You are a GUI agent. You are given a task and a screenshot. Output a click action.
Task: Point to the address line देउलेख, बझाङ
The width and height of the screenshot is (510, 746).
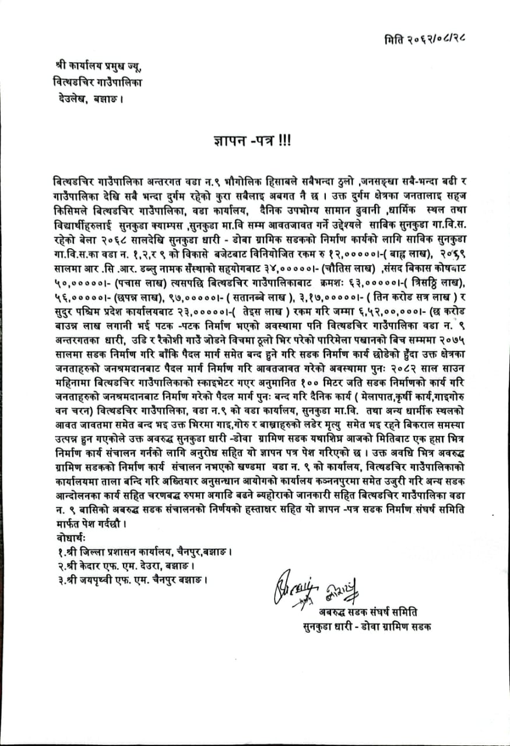coord(87,99)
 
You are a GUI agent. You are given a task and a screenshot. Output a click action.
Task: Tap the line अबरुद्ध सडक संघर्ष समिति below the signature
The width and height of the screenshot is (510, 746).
coord(368,612)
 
